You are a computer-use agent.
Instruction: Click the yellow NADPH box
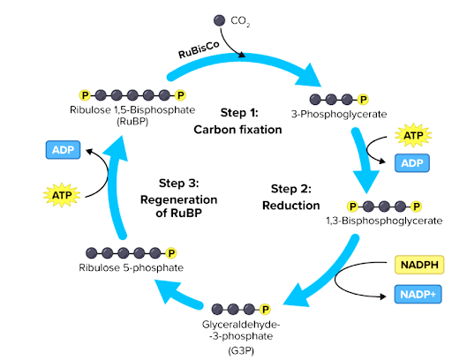414,264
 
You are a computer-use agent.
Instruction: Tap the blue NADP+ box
414,295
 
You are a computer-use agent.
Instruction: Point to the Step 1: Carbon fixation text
225,122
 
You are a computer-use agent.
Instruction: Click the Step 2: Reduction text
290,197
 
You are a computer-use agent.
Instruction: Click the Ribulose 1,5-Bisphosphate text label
130,110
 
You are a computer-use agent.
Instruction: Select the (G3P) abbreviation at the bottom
240,349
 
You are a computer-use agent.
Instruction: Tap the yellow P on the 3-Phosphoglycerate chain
363,99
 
